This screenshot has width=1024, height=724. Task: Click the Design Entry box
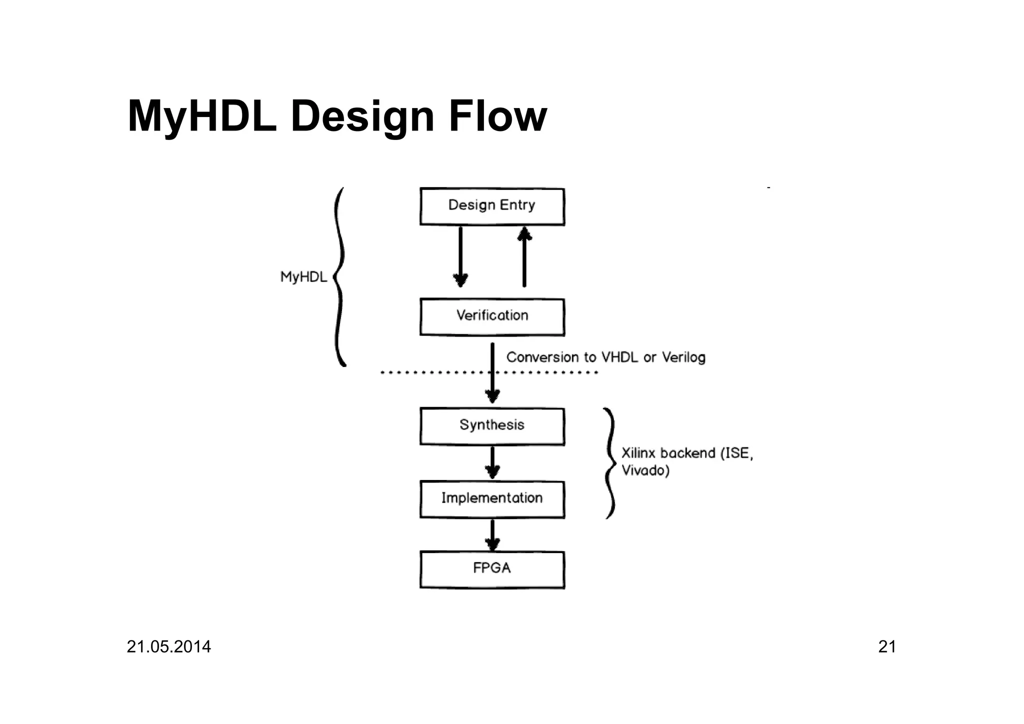[492, 206]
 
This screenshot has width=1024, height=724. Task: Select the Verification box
[492, 317]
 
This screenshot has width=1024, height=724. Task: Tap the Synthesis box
[492, 426]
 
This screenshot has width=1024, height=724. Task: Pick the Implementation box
[492, 499]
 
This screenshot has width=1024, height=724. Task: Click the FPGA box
[492, 569]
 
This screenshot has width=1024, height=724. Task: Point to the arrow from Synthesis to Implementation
[492, 462]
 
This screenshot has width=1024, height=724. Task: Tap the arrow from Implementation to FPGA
[492, 535]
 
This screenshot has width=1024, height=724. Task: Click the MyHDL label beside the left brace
[303, 276]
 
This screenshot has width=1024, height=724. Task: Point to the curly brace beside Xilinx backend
[609, 463]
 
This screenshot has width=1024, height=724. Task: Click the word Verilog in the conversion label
[683, 357]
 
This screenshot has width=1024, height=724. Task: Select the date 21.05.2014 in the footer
[168, 646]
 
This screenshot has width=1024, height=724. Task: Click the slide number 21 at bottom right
[887, 646]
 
